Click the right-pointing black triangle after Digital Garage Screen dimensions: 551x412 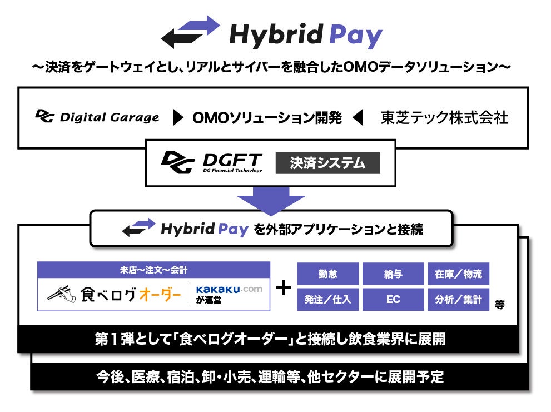[178, 117]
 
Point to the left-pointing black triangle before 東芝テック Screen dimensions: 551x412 [358, 117]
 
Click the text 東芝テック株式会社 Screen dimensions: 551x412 [444, 117]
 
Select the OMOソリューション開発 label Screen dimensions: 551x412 [267, 117]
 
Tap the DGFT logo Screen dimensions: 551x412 [211, 162]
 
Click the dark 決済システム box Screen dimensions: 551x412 [327, 163]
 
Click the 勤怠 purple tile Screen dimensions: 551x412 [327, 274]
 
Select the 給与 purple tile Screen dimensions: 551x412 [393, 274]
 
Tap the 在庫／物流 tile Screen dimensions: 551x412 [458, 274]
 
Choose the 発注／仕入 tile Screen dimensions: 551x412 [327, 299]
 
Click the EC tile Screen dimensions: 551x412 [393, 299]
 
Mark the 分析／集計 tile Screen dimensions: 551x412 [458, 299]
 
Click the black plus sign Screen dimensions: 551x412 [284, 287]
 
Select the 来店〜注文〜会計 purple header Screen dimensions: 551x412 [154, 270]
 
